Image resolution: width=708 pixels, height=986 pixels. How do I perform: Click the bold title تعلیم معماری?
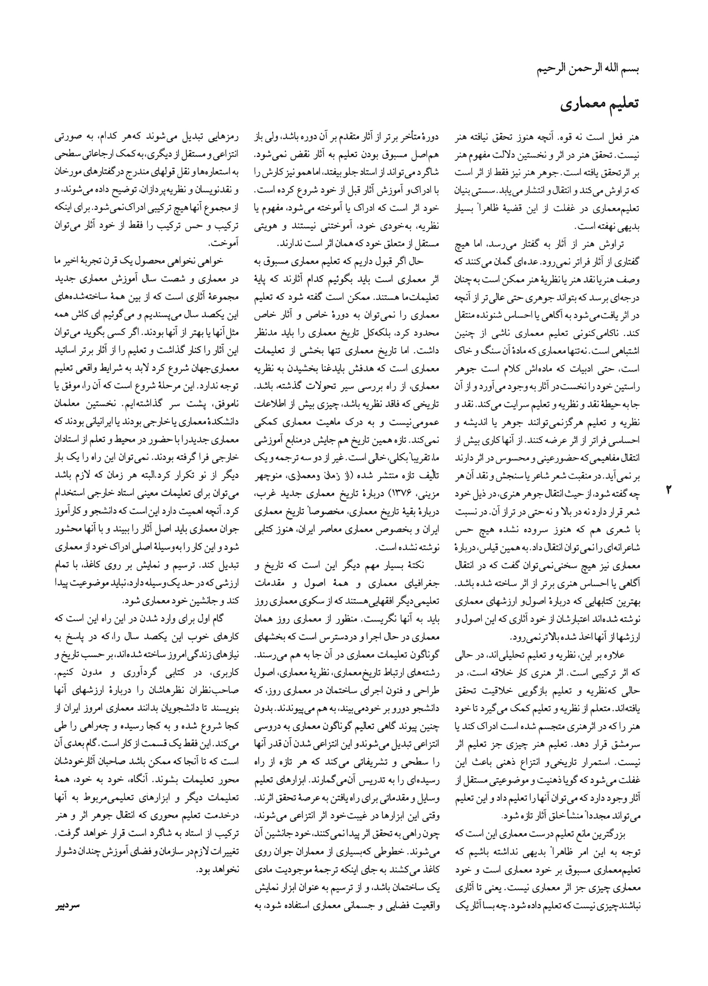point(600,105)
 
